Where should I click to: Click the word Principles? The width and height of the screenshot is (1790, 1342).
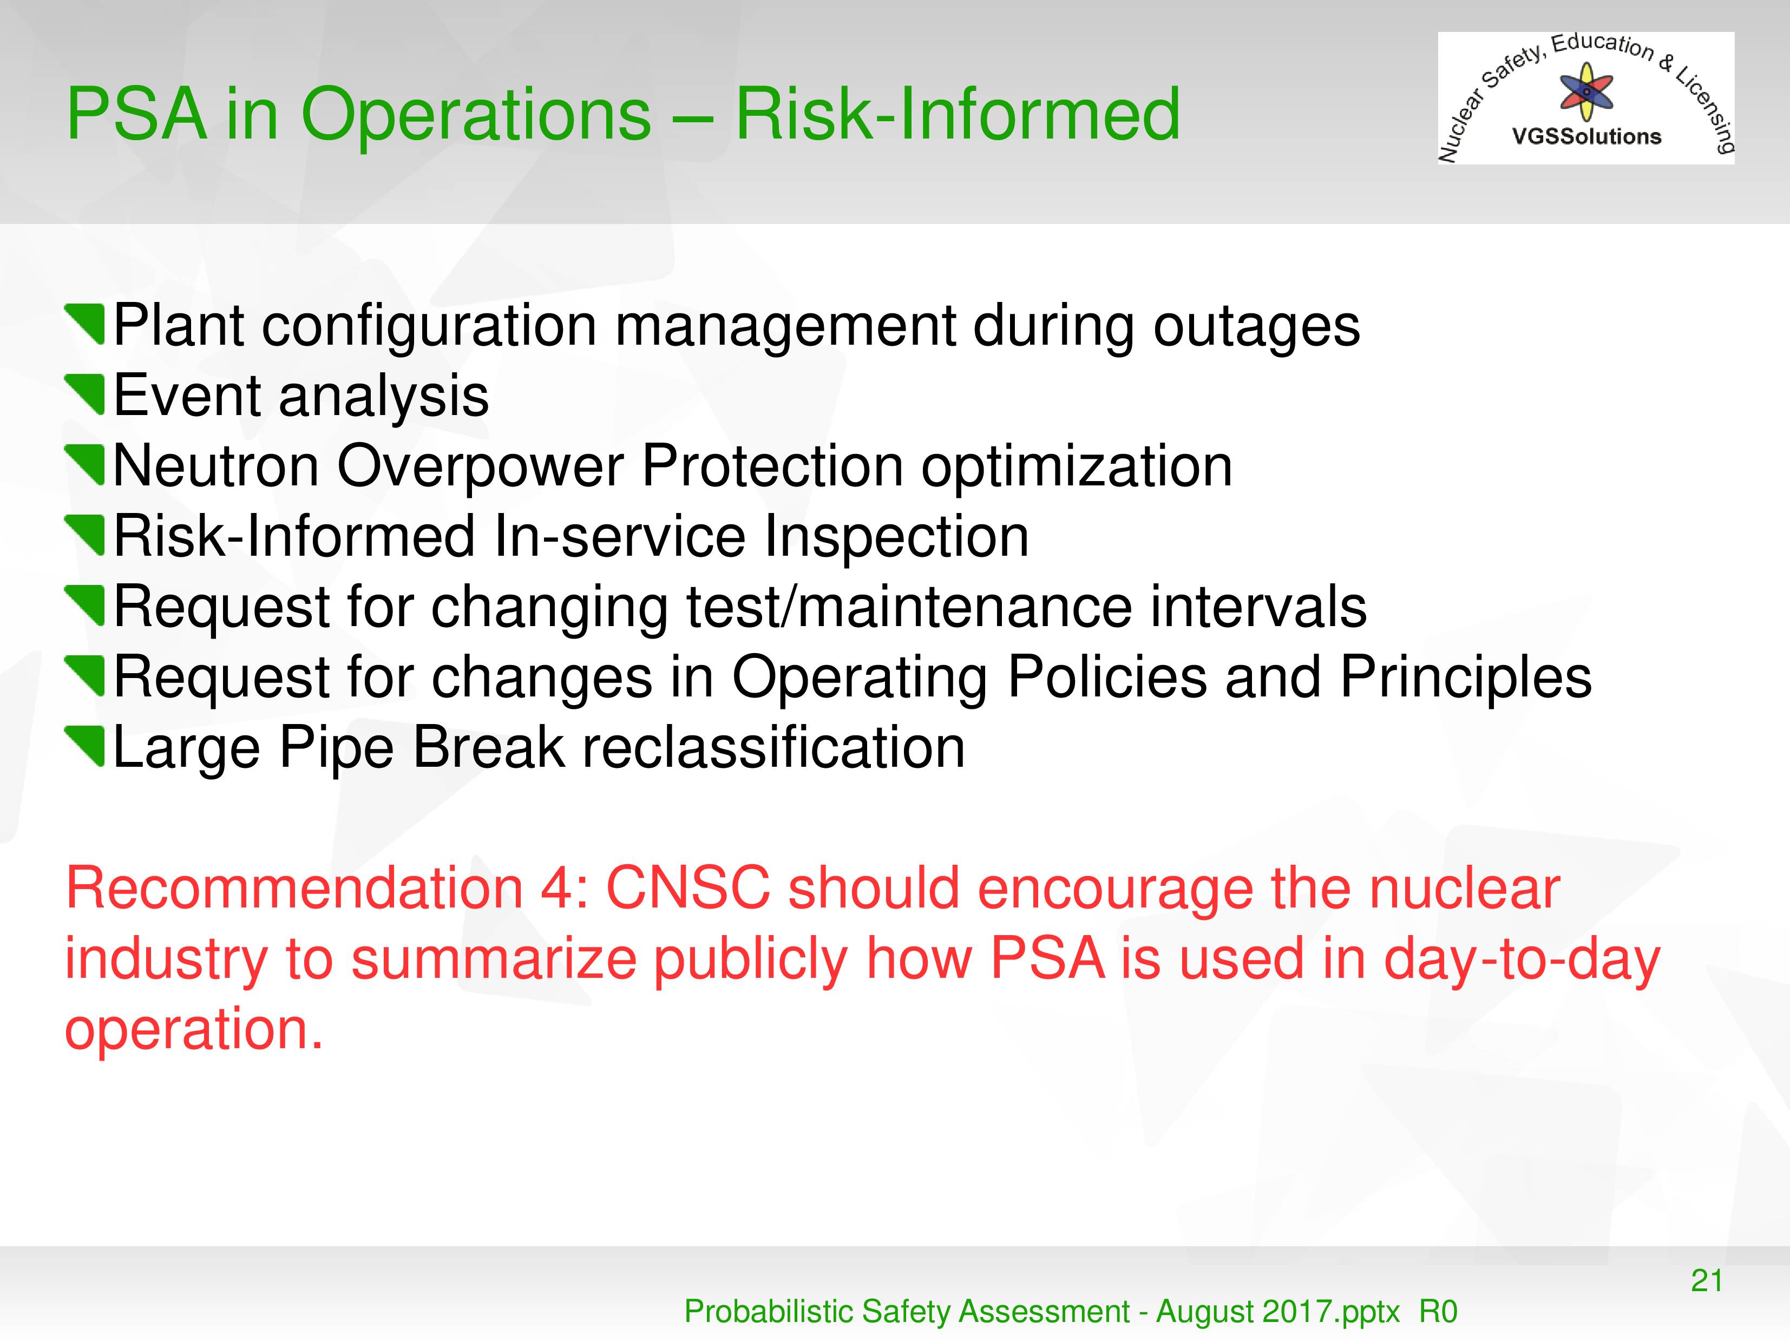[x=1465, y=678]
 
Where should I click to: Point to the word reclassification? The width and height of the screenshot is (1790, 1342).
[x=773, y=747]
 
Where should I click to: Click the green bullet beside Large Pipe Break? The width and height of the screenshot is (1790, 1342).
[x=85, y=747]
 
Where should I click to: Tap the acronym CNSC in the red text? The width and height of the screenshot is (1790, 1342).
[x=688, y=888]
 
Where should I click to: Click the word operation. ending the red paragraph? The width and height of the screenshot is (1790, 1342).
[x=194, y=1030]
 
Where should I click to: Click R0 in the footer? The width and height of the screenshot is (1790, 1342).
[x=1438, y=1311]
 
